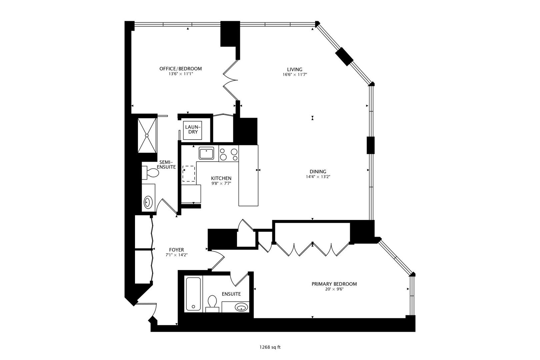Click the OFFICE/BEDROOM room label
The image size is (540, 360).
(x=180, y=69)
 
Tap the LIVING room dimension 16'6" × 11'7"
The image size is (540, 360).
(x=295, y=75)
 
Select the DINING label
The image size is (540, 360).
(x=318, y=172)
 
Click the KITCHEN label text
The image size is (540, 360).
(x=221, y=178)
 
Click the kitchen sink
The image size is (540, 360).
(x=207, y=153)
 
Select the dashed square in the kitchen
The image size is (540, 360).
(x=189, y=174)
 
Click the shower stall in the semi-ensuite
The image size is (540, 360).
(x=147, y=135)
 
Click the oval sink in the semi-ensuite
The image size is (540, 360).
(x=148, y=202)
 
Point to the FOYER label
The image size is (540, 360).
(x=176, y=250)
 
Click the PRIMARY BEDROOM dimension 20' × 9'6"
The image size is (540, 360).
(x=334, y=289)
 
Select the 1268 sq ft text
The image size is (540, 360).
(x=270, y=347)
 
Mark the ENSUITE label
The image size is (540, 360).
(x=231, y=294)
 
